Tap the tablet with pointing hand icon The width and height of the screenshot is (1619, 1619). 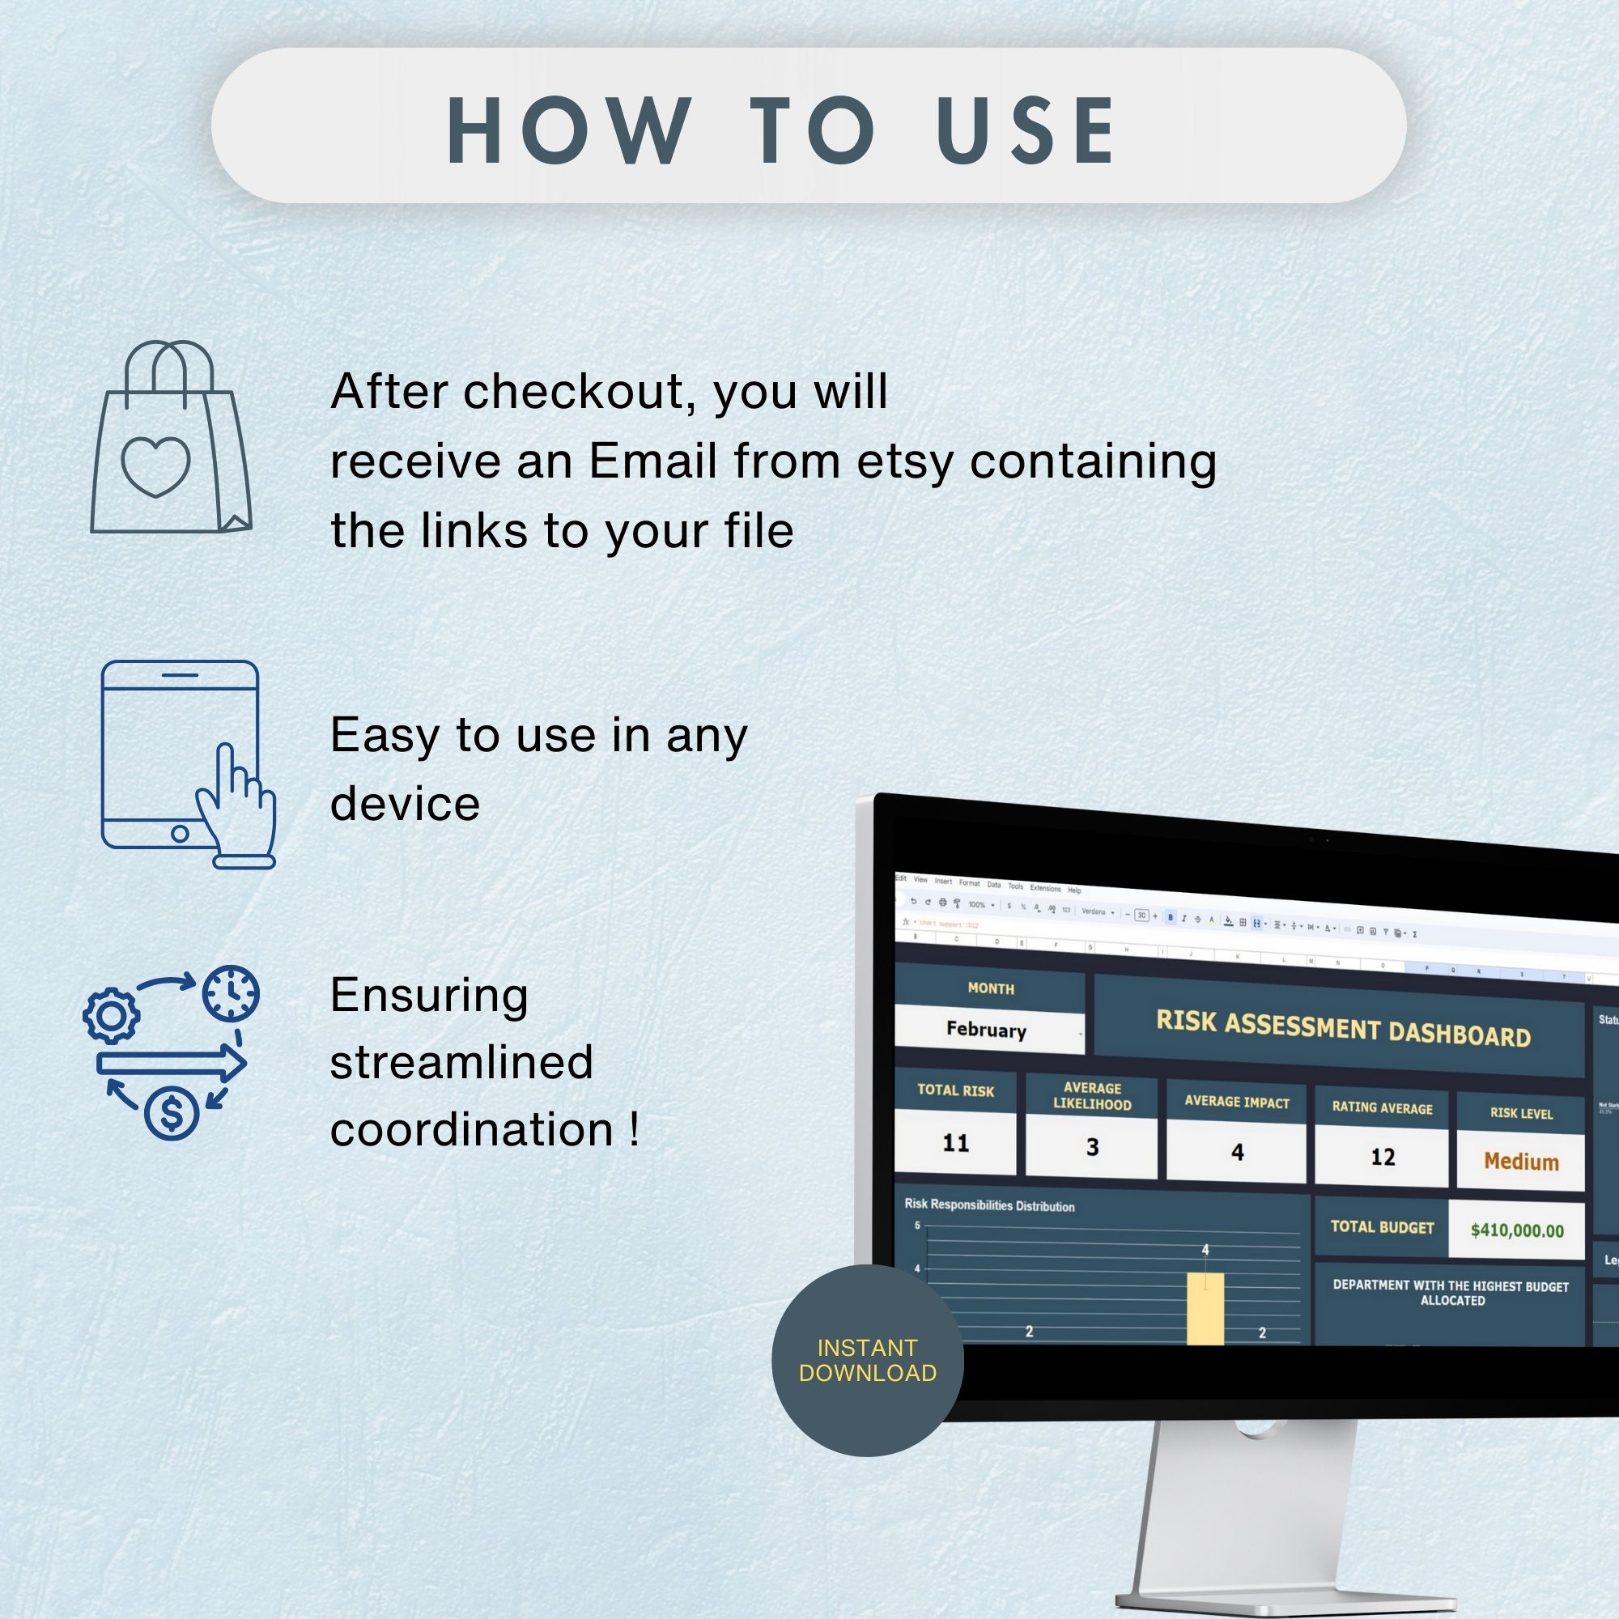point(186,763)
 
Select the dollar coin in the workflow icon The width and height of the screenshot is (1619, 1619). point(171,1112)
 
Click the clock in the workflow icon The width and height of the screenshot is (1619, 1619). point(231,994)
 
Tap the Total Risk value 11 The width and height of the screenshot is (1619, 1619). point(955,1143)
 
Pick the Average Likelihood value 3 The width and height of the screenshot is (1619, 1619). point(1092,1147)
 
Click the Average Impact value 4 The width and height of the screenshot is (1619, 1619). point(1237,1152)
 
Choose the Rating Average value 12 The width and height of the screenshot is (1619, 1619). point(1383,1158)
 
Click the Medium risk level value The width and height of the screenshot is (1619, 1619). point(1521,1162)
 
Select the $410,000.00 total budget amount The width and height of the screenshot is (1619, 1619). point(1517,1230)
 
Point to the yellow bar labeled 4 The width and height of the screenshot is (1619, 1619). point(1205,1308)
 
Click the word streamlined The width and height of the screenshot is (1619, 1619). point(461,1063)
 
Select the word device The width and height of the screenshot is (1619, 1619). point(406,804)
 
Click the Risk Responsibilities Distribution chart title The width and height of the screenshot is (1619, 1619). point(989,1205)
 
